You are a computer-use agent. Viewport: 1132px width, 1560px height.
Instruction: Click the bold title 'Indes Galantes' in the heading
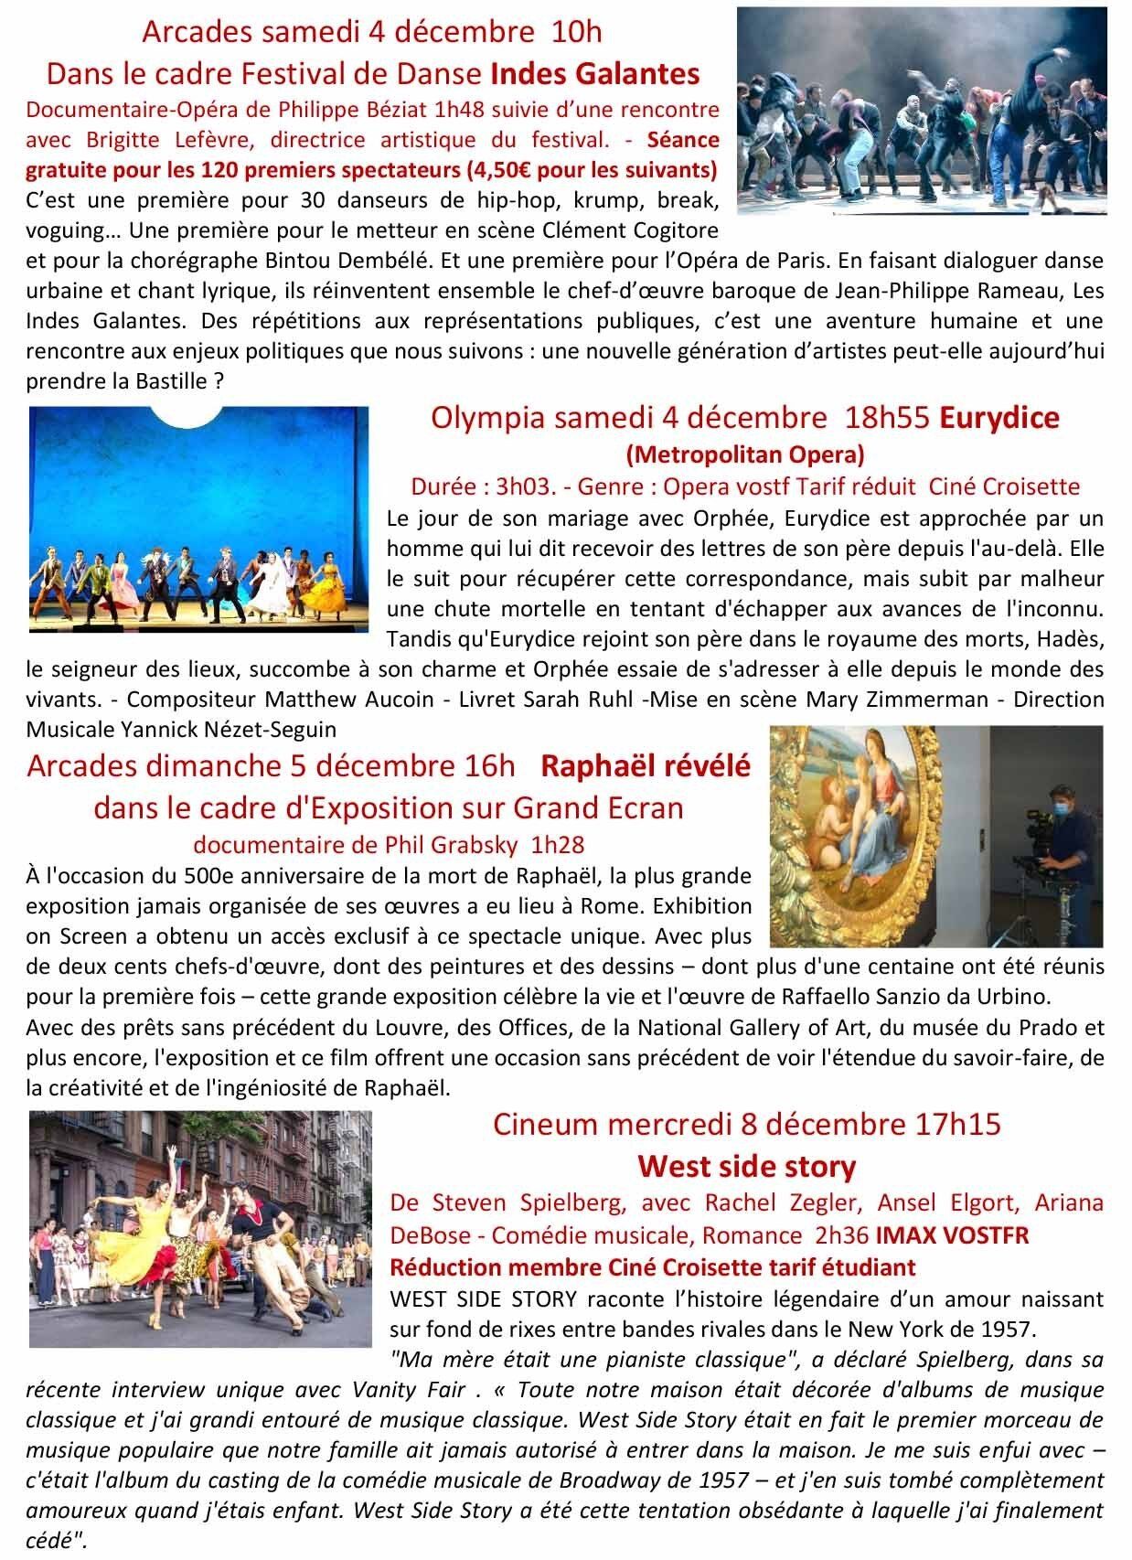click(595, 72)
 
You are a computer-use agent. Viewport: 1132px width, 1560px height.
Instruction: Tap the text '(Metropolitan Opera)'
click(744, 454)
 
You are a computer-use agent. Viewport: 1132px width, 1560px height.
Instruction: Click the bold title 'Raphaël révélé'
click(646, 765)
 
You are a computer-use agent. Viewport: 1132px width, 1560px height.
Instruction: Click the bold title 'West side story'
click(746, 1166)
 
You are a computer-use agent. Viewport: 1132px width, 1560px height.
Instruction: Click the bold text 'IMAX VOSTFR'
click(952, 1235)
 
